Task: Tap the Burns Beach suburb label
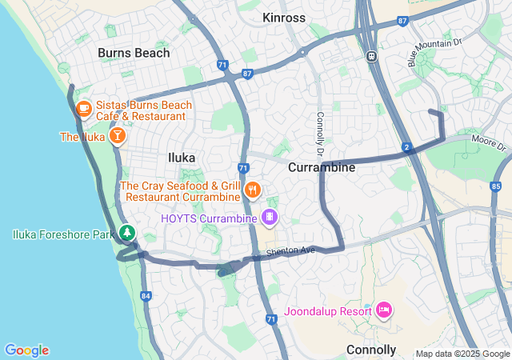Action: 134,53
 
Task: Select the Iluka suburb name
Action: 181,158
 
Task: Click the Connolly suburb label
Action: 371,350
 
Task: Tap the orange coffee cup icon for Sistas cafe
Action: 84,106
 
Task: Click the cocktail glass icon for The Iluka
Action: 117,136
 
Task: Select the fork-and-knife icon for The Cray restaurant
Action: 253,190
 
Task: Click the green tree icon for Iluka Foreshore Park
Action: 126,233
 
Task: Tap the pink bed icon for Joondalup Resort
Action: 383,309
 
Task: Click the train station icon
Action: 371,56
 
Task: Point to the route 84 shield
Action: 146,296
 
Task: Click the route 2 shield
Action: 407,147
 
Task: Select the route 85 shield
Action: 496,187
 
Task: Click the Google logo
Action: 26,350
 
